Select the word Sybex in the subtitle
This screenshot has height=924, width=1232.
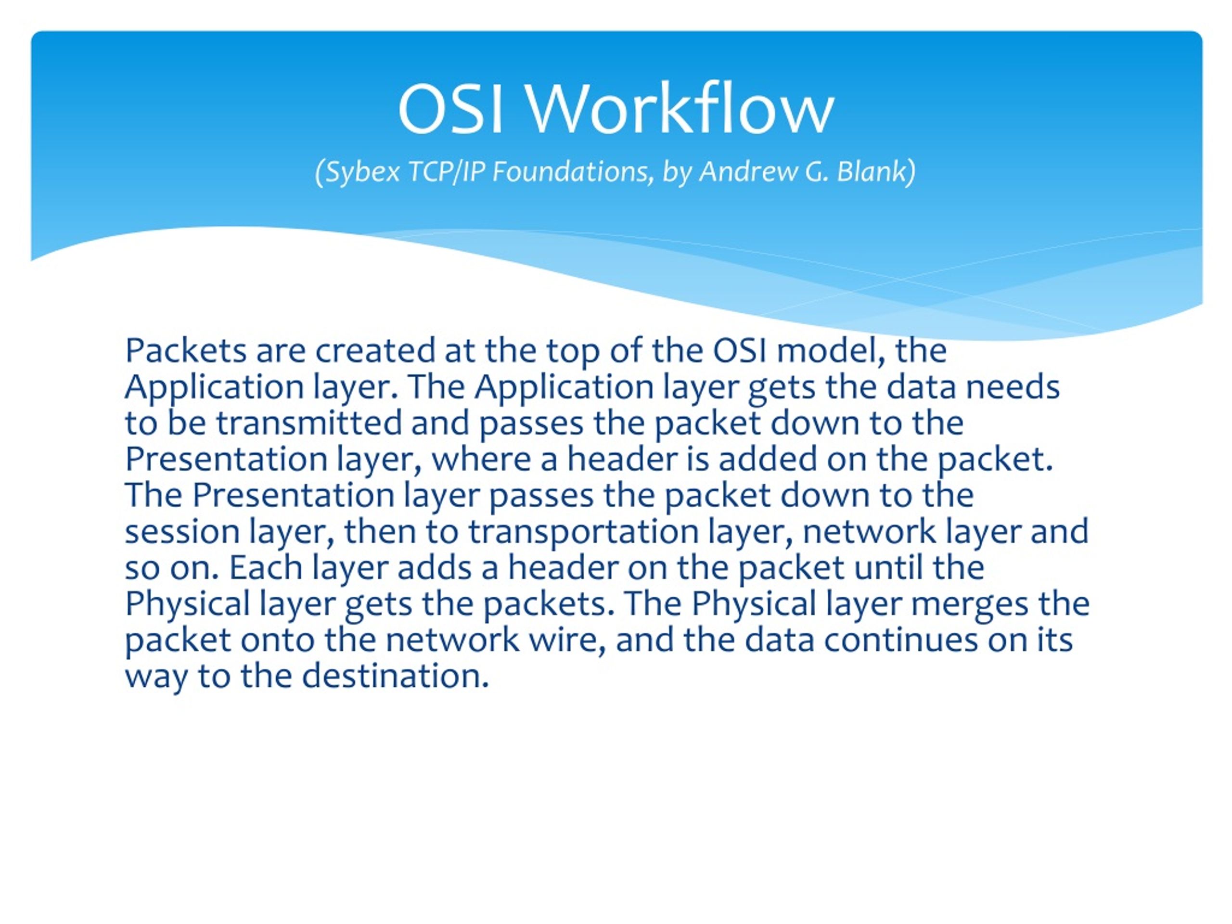tap(362, 171)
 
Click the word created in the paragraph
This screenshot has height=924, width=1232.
tap(375, 351)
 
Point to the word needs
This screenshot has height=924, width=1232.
tap(1012, 387)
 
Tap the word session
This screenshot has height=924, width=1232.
tap(181, 531)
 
